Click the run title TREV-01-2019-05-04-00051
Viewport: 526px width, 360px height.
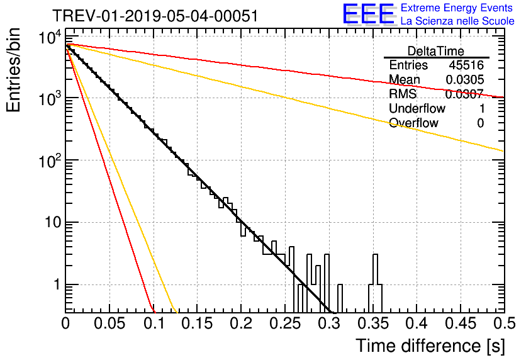155,16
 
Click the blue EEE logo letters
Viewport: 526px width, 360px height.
369,14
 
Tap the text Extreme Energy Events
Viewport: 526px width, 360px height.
457,8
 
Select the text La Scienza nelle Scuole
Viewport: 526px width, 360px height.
457,21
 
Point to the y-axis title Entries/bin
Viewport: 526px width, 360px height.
13,70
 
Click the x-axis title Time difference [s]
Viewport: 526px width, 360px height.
430,346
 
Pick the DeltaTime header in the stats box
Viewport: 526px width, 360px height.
436,51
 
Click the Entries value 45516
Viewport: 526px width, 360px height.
466,65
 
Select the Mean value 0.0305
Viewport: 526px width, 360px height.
465,79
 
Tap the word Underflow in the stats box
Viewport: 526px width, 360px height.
417,108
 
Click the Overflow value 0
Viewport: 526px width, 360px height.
480,123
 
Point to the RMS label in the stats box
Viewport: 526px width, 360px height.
403,94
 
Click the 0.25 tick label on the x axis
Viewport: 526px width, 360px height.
285,323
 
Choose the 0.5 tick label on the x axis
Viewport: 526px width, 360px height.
504,323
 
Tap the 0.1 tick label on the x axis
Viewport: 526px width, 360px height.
154,323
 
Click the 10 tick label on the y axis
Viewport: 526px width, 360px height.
53,222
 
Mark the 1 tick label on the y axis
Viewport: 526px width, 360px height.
57,284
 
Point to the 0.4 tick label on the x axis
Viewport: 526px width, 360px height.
417,323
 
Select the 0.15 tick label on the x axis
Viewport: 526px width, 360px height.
198,323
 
